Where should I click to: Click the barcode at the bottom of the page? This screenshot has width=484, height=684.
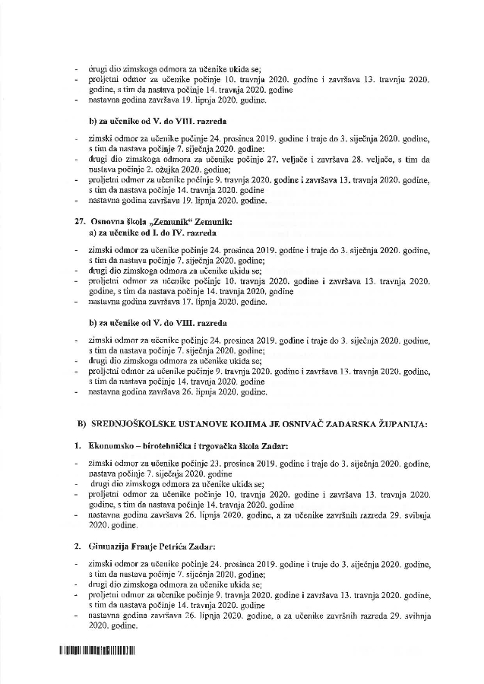[96, 651]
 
